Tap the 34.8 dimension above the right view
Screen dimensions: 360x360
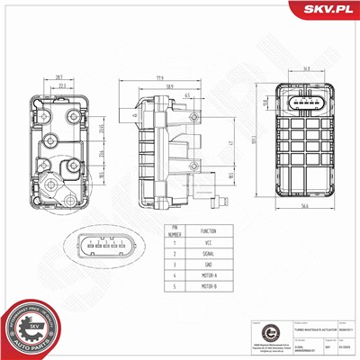tap(307, 67)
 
